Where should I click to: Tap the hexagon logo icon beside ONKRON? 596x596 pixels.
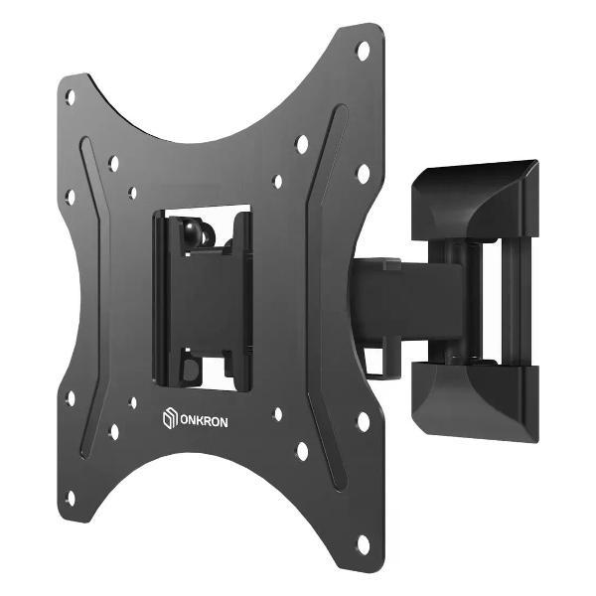168,420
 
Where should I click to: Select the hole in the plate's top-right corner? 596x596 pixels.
363,49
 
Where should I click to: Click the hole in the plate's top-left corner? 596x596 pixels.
71,96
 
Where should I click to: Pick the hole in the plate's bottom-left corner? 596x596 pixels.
70,496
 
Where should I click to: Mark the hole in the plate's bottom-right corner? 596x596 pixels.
363,543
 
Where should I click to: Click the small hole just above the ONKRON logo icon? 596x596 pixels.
132,402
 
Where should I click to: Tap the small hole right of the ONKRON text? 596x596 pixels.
277,413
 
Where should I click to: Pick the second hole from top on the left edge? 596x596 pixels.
71,196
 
